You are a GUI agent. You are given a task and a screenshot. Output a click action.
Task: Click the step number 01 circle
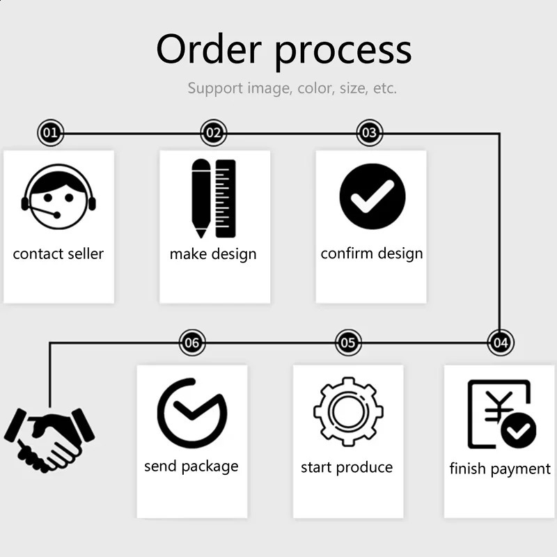click(x=50, y=132)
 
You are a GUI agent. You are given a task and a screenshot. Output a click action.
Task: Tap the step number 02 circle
click(x=214, y=132)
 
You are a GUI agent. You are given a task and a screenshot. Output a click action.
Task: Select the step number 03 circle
click(x=370, y=132)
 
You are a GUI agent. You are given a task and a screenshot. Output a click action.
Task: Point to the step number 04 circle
click(x=500, y=343)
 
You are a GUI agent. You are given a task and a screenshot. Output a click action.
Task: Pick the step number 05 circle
click(x=348, y=343)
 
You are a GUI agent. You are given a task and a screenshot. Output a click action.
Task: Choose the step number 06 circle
click(x=192, y=343)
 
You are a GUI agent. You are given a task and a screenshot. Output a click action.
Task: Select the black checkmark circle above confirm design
click(x=372, y=196)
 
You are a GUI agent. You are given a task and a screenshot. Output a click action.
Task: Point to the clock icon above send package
click(x=191, y=413)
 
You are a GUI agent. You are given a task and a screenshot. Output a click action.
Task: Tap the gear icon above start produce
click(x=348, y=411)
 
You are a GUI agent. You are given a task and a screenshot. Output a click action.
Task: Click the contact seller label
click(x=58, y=253)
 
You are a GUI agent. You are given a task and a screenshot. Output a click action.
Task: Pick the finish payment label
click(x=500, y=469)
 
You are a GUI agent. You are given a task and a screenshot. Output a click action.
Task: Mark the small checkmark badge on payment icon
click(x=519, y=432)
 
